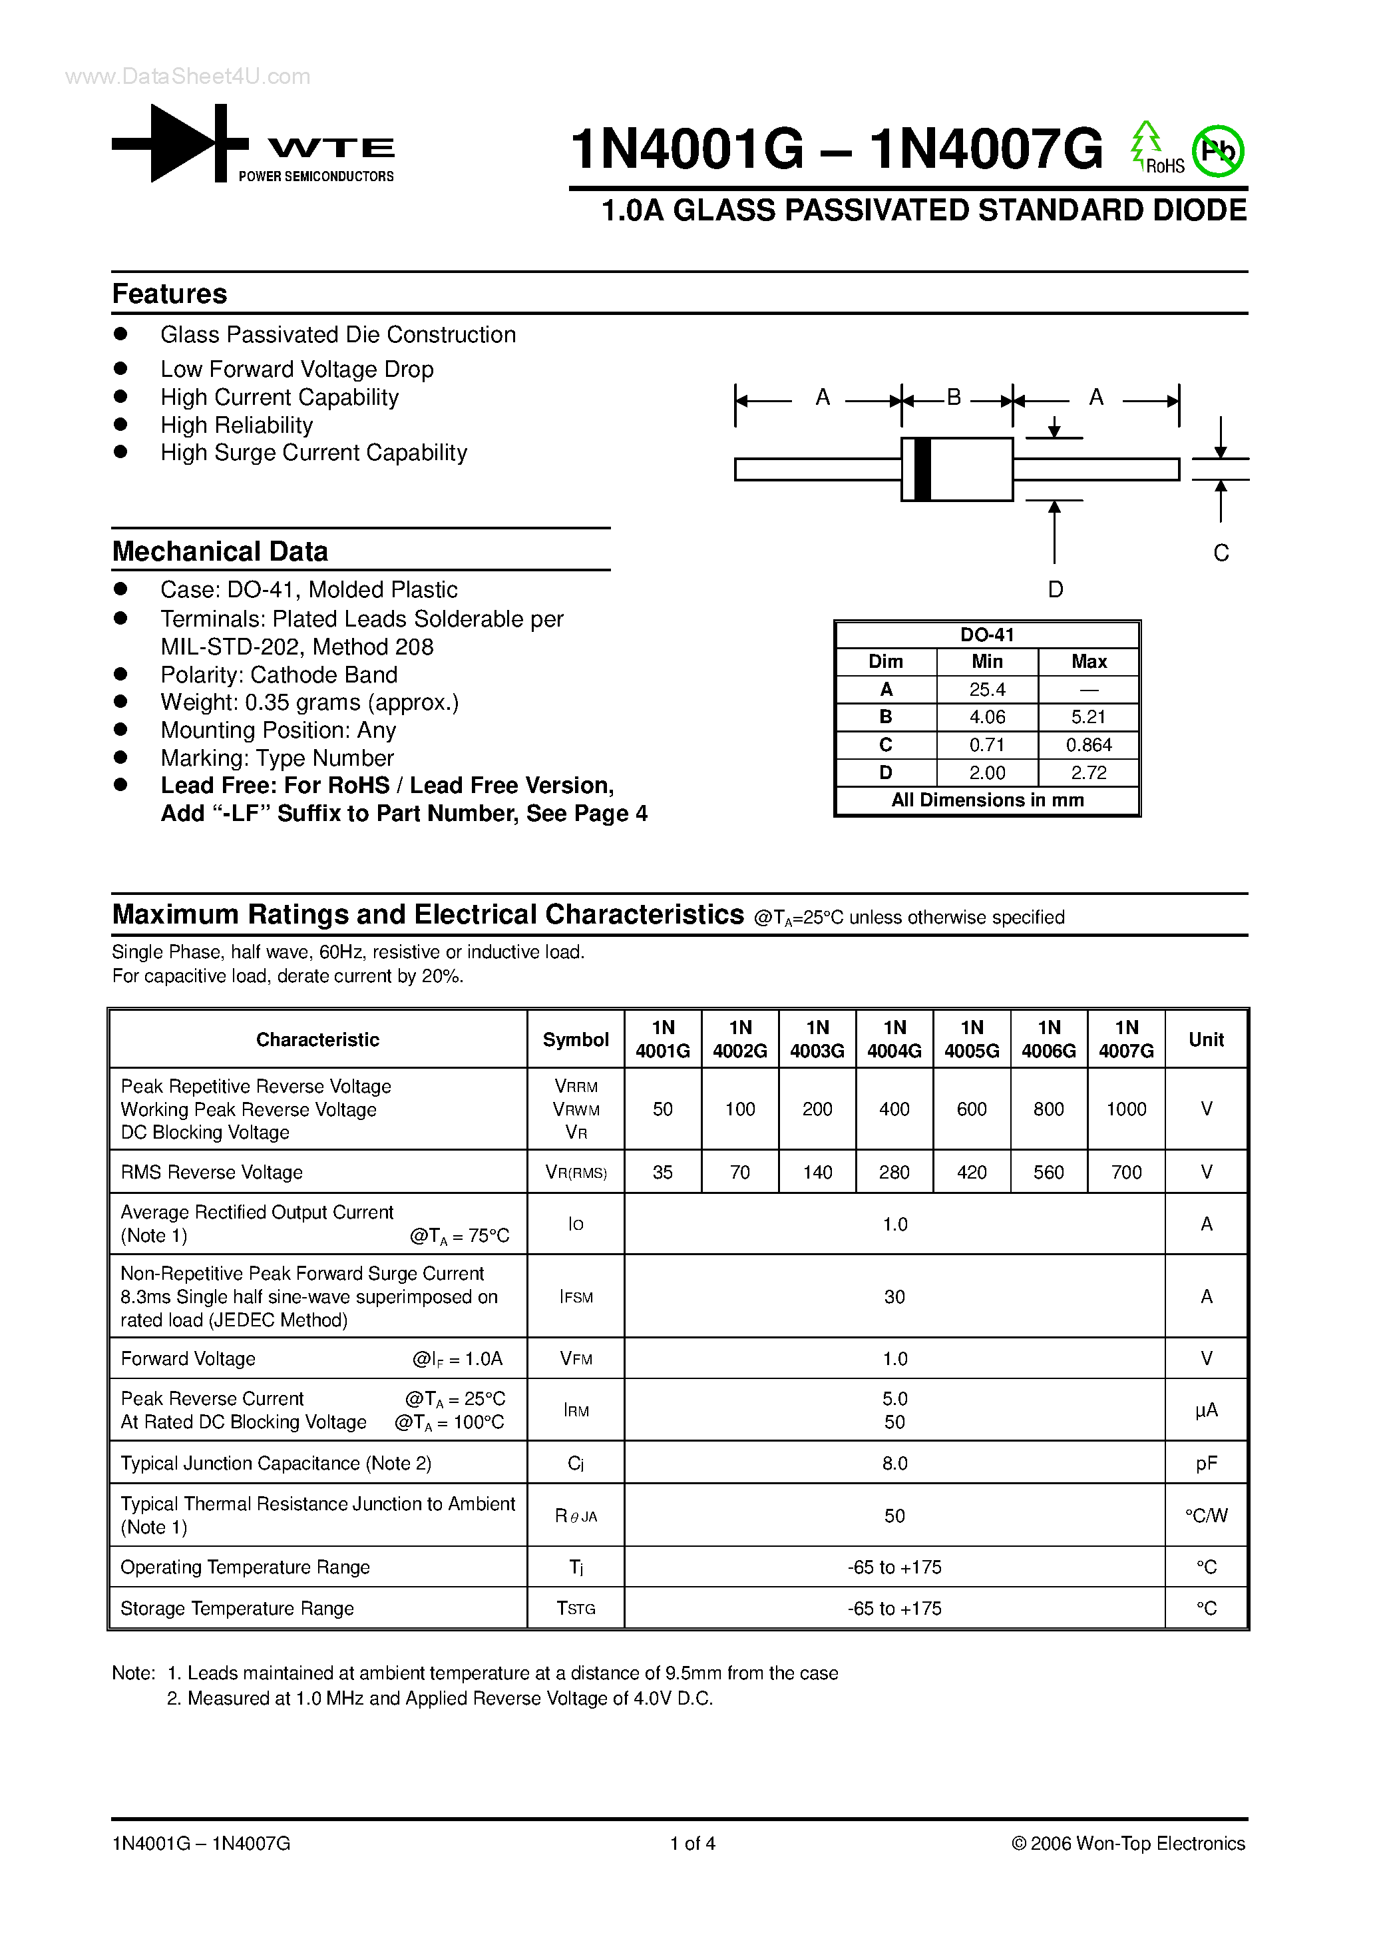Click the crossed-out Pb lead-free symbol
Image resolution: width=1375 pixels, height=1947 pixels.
(1217, 152)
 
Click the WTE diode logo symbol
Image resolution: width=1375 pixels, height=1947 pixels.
(180, 142)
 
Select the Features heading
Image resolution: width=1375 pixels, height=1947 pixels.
(170, 294)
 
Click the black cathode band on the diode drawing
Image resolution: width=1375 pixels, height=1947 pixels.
(922, 469)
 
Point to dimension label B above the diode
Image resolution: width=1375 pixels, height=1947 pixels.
(954, 397)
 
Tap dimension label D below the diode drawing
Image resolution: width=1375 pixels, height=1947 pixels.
(1055, 589)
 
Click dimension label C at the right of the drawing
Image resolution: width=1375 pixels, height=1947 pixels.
(1221, 553)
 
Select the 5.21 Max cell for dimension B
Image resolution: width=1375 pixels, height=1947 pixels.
(1088, 717)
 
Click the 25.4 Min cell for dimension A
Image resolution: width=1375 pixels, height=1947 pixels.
(987, 689)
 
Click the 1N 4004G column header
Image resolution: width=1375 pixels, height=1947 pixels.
(894, 1039)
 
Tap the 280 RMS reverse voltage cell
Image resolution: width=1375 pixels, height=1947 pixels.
(894, 1172)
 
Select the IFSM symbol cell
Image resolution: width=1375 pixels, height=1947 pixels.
(576, 1296)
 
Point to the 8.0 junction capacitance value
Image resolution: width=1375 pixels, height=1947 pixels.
(894, 1464)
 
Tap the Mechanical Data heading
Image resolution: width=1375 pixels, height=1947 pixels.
(220, 551)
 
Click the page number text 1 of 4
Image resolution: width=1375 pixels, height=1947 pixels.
(693, 1842)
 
